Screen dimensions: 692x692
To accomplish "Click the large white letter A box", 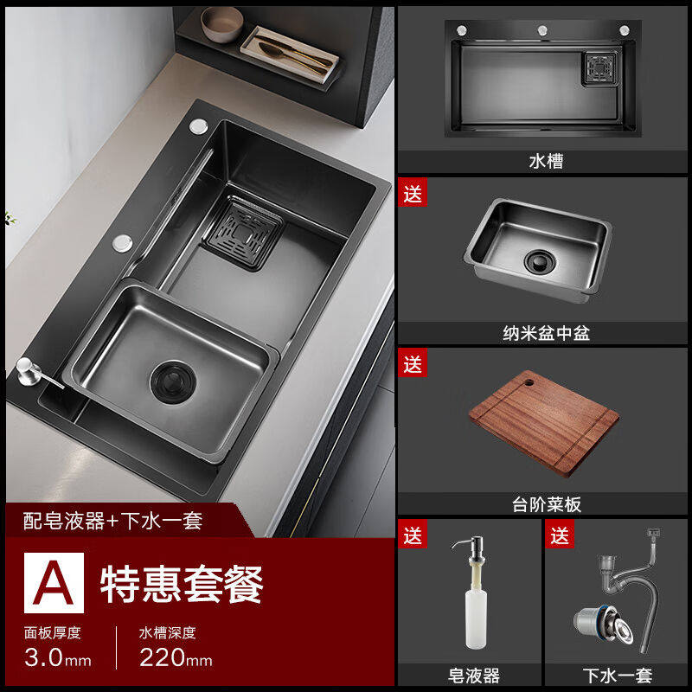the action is coord(54,582).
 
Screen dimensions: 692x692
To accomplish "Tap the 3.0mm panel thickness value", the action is coord(58,657).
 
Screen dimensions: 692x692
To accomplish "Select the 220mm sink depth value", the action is coord(176,657).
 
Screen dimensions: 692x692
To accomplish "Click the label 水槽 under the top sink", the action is coord(546,161).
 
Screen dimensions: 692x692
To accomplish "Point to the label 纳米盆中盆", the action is coord(546,333).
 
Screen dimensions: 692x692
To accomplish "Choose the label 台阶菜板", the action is coord(547,504).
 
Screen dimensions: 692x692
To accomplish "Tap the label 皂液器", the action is coord(473,676).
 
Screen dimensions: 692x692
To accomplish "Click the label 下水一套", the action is coord(617,676).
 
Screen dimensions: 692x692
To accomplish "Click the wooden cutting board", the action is coord(544,423).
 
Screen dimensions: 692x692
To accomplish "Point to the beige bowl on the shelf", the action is coord(221,24).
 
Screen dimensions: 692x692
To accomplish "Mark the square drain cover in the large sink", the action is coord(244,234).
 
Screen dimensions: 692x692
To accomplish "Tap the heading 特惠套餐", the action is coord(182,585).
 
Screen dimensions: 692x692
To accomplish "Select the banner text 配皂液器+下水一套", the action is coord(112,521).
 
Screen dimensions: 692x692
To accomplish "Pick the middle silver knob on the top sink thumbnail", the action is coord(542,30).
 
